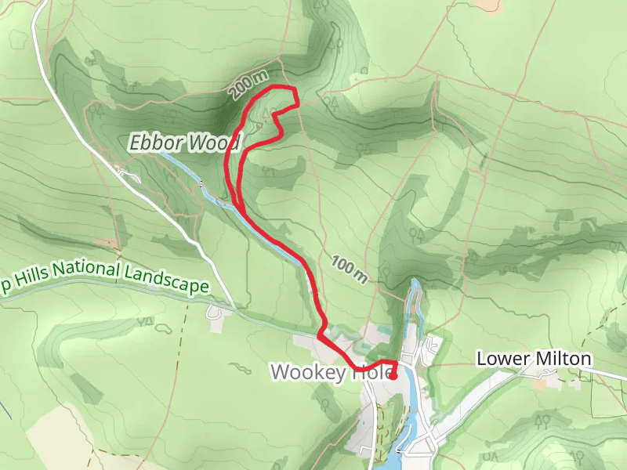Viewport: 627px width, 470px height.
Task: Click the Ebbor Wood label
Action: pos(185,143)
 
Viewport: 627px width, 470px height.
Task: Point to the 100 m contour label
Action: pos(349,269)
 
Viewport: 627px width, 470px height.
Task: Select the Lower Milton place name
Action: pos(534,359)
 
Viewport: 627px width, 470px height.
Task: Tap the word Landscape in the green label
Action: pos(171,284)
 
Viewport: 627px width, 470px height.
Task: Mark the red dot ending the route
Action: pos(393,376)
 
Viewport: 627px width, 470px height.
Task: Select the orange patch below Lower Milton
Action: pos(539,383)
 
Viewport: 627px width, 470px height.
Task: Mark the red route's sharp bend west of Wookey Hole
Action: pos(320,337)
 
